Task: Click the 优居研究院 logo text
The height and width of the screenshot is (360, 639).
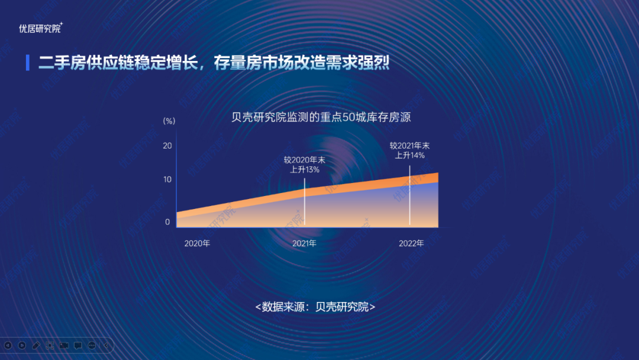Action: click(40, 28)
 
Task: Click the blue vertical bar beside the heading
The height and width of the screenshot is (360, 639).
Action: click(28, 62)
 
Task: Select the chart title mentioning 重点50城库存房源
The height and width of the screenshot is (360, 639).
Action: click(321, 117)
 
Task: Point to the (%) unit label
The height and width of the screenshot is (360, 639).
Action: click(169, 121)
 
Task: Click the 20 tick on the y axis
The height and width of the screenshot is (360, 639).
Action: click(167, 146)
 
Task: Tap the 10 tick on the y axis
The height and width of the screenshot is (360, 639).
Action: click(167, 179)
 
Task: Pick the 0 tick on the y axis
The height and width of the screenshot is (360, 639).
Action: click(167, 222)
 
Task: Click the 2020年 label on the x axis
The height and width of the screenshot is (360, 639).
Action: click(197, 243)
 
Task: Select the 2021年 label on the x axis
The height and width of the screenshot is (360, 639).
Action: click(305, 243)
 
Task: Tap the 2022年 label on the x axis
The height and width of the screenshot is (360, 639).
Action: click(411, 243)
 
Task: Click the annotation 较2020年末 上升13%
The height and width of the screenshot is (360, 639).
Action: click(305, 165)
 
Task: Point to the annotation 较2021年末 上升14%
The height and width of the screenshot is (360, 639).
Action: click(409, 150)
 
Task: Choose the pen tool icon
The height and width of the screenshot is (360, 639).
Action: click(36, 345)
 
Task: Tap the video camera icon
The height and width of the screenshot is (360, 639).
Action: click(64, 345)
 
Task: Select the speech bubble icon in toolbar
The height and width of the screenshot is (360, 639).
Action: click(78, 345)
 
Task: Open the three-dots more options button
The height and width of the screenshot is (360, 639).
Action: click(92, 345)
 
